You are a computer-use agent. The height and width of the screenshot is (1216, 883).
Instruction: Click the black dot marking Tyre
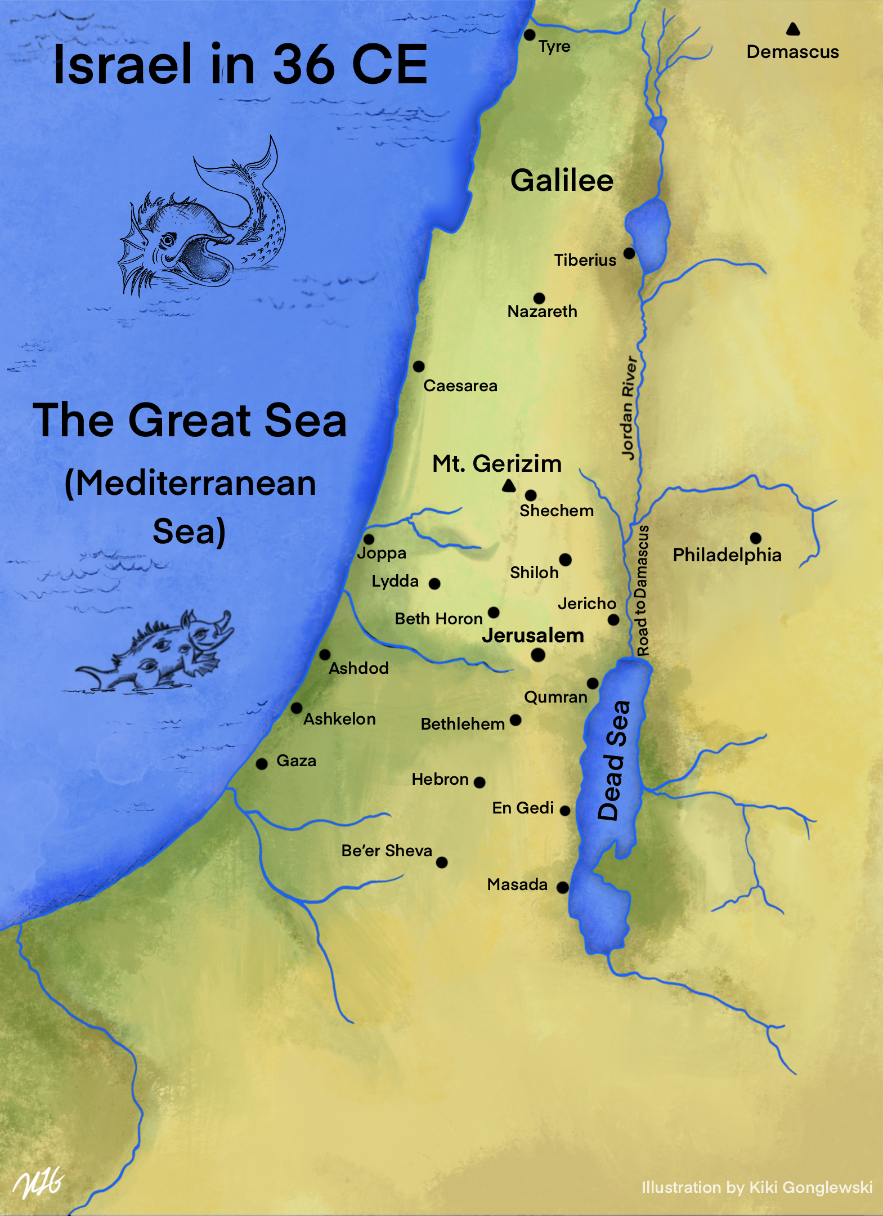click(x=529, y=35)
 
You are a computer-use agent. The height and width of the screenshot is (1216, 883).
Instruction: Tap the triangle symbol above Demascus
click(x=793, y=29)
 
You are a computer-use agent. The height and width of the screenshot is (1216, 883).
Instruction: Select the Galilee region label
click(x=562, y=181)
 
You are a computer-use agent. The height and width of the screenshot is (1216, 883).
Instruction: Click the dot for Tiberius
click(x=629, y=253)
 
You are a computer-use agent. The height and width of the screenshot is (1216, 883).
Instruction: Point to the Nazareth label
click(x=542, y=311)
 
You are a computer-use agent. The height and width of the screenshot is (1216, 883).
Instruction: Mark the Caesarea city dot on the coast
click(x=419, y=366)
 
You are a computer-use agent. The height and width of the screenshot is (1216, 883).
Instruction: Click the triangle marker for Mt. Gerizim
click(x=509, y=485)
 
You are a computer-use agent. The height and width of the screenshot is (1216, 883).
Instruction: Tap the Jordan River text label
click(x=630, y=408)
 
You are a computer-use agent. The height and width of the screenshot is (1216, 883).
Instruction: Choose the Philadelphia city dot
click(x=756, y=538)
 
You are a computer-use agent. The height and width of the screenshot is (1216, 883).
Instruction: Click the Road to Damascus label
click(x=642, y=591)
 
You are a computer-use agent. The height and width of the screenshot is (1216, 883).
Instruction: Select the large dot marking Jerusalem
click(x=538, y=655)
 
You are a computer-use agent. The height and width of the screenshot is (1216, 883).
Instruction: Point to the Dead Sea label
click(x=613, y=760)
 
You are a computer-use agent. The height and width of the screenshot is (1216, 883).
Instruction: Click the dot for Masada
click(x=562, y=887)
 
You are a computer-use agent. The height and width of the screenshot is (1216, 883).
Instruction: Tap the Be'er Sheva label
click(x=387, y=851)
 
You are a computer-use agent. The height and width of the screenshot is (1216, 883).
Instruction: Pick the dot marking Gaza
click(x=262, y=764)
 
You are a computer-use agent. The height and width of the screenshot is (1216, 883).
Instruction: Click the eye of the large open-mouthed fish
click(x=167, y=241)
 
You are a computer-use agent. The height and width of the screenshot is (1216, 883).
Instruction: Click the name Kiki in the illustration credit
click(x=764, y=1188)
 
